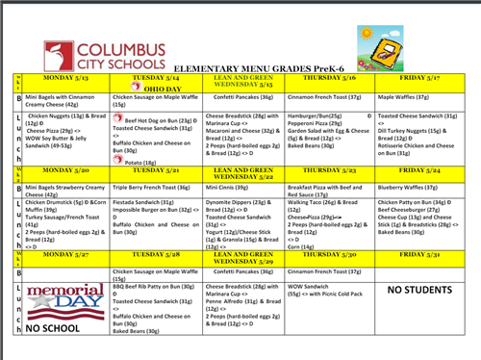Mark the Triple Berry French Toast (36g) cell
pos(153,189)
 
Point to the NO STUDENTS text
pos(420,289)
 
